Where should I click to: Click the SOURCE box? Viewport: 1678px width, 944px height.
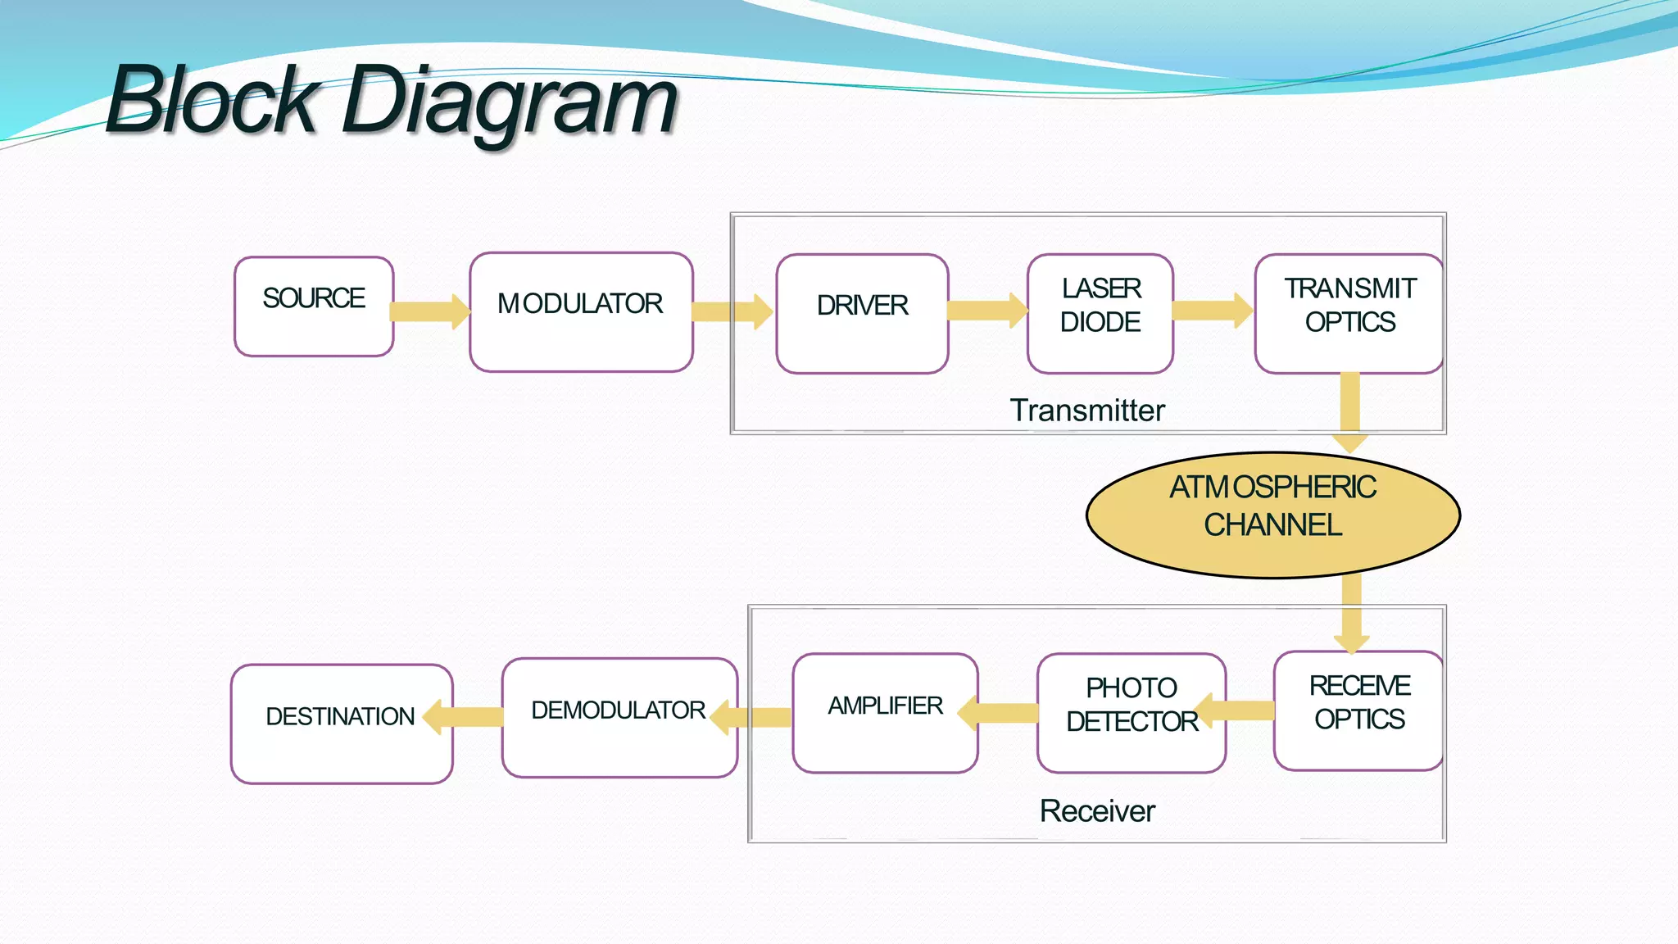coord(314,306)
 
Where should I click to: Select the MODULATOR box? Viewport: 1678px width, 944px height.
coord(581,311)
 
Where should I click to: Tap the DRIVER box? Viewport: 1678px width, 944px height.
coord(862,313)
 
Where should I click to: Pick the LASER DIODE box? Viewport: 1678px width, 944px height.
coord(1100,313)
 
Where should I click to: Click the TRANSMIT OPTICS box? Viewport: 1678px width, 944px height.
coord(1349,313)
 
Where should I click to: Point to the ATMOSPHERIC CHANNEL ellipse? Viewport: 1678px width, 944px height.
coord(1272,515)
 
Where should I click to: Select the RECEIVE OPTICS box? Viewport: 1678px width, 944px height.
coord(1358,710)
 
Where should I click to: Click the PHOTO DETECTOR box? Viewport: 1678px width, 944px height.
coord(1132,712)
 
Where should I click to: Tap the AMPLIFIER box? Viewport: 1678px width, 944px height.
coord(885,712)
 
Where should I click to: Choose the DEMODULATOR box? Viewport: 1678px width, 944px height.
coord(619,717)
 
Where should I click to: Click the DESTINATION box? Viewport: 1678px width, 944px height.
coord(342,724)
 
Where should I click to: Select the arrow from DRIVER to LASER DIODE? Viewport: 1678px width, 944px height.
coord(986,310)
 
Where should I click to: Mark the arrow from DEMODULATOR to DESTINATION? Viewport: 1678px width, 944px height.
coord(465,717)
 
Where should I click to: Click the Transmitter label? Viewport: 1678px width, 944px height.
coord(1087,410)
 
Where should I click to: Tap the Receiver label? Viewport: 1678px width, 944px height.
coord(1097,810)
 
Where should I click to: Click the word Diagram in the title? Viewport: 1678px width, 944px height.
coord(510,102)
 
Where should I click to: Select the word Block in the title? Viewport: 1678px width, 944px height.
coord(213,100)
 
